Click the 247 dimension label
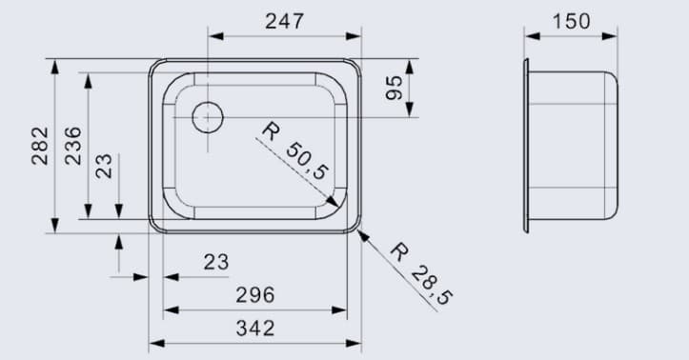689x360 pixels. pos(284,21)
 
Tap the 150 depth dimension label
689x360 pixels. pos(571,21)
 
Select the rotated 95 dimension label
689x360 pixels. pos(393,90)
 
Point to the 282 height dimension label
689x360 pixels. pos(39,145)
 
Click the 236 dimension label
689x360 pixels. pos(72,145)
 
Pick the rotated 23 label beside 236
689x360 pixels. pos(104,166)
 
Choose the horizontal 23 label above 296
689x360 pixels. pos(216,261)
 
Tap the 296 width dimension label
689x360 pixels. pos(254,294)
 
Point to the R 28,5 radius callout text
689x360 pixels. pos(421,275)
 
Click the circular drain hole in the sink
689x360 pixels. pos(207,118)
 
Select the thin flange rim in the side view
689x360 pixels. pos(525,145)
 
